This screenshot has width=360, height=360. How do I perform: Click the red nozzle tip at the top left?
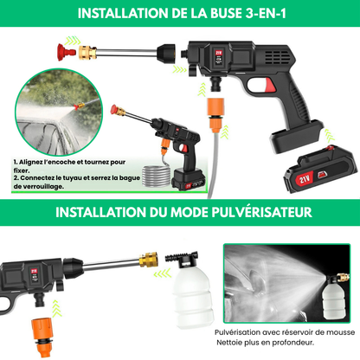click(x=67, y=52)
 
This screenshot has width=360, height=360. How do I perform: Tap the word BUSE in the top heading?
click(x=226, y=14)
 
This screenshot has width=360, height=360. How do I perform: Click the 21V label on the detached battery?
click(x=305, y=179)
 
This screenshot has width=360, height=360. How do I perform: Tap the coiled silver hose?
click(x=157, y=176)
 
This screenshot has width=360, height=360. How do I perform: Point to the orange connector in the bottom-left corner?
click(x=42, y=337)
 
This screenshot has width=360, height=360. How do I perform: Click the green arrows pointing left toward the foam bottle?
click(x=163, y=273)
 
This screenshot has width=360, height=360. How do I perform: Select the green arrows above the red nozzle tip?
click(x=72, y=41)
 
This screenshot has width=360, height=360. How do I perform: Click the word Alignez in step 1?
click(x=31, y=162)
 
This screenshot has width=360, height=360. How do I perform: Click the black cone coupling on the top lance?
click(x=165, y=54)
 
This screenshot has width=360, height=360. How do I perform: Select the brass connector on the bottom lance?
click(x=148, y=260)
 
